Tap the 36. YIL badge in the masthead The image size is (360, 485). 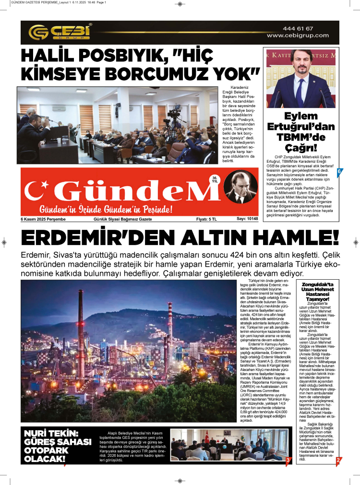click(215, 179)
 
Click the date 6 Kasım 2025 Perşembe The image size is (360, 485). click(43, 219)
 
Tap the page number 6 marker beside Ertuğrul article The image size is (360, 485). click(339, 172)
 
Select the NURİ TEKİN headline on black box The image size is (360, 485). click(57, 446)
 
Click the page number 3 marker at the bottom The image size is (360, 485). click(288, 461)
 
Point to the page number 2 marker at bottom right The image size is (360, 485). click(338, 460)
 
